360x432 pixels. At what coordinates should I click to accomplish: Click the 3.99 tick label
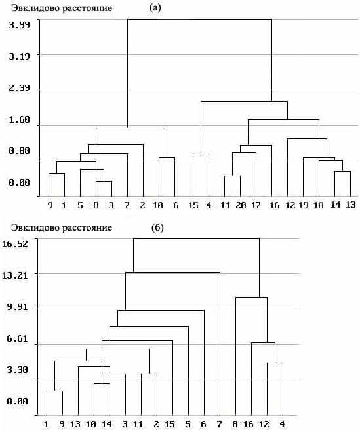click(19, 26)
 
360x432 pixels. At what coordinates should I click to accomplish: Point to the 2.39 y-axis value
click(19, 88)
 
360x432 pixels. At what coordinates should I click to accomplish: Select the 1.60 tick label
click(19, 119)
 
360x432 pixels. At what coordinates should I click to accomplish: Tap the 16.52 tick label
click(15, 244)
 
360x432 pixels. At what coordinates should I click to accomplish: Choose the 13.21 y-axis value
click(15, 275)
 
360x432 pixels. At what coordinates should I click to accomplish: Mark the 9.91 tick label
click(17, 307)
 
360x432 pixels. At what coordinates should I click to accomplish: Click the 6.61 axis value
click(17, 338)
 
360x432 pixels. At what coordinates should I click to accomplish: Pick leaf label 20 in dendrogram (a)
click(241, 205)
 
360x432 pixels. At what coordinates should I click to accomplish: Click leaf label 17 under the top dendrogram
click(256, 205)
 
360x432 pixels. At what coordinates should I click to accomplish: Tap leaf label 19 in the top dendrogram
click(304, 205)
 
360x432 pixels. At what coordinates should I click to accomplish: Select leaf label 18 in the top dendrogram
click(319, 205)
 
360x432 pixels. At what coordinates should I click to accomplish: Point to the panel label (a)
click(155, 8)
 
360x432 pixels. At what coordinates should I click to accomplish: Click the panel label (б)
click(157, 228)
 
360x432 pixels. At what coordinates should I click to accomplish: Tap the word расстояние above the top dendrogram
click(87, 9)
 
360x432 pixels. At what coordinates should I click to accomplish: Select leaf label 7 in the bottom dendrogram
click(219, 424)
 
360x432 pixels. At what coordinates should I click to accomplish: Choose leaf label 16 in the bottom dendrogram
click(249, 424)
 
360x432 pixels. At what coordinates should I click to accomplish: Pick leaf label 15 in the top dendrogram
click(193, 205)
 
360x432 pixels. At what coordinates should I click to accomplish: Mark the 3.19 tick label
click(19, 57)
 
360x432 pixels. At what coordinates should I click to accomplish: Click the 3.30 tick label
click(17, 370)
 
